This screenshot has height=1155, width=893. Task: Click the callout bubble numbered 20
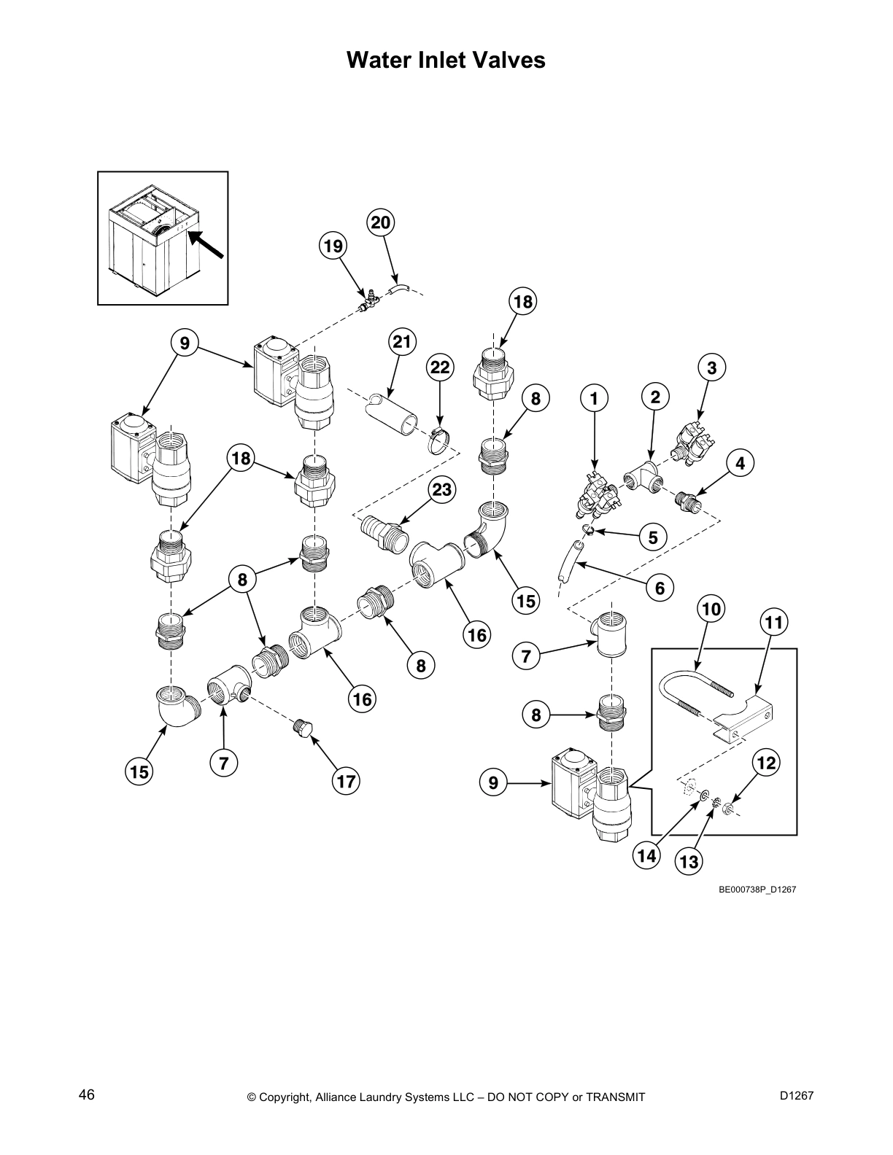tap(380, 222)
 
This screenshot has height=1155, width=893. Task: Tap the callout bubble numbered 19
tap(333, 246)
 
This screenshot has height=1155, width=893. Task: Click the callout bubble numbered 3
tap(712, 368)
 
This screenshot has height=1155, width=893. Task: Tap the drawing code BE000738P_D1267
tap(757, 890)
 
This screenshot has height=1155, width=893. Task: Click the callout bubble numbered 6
tap(660, 588)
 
